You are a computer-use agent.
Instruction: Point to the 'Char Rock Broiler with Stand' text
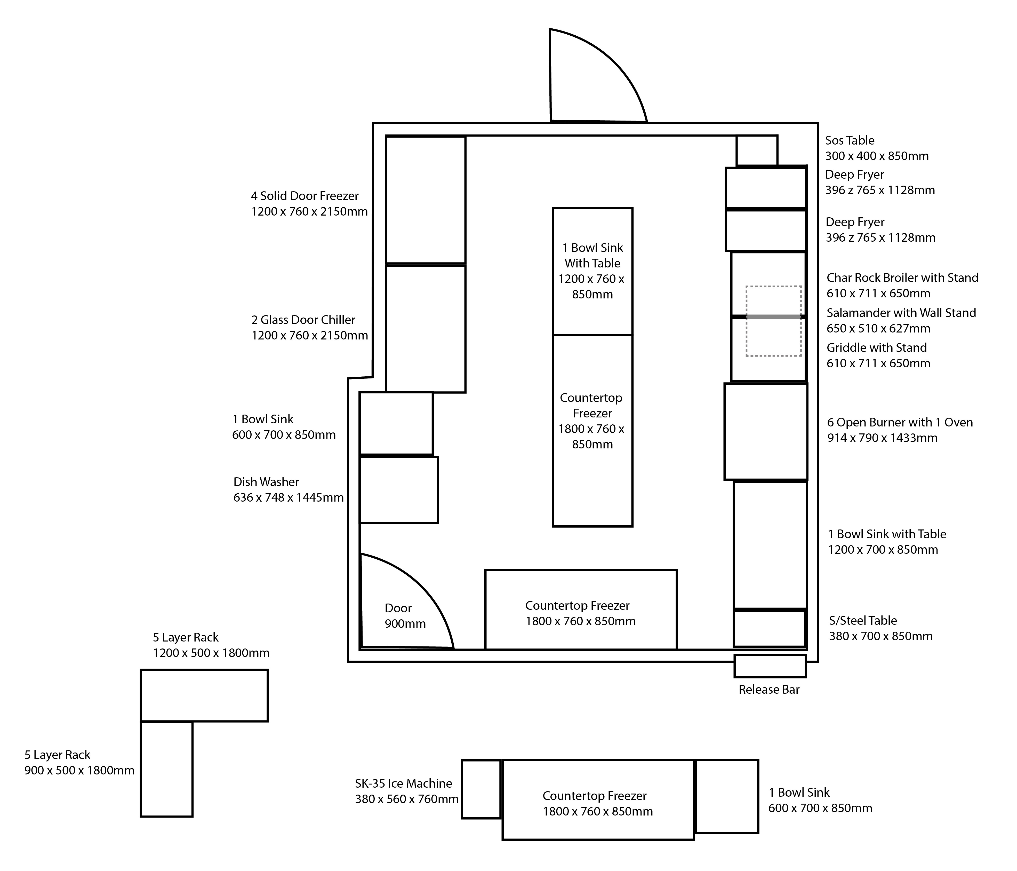click(x=903, y=278)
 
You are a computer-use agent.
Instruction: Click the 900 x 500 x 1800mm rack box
click(x=166, y=769)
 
